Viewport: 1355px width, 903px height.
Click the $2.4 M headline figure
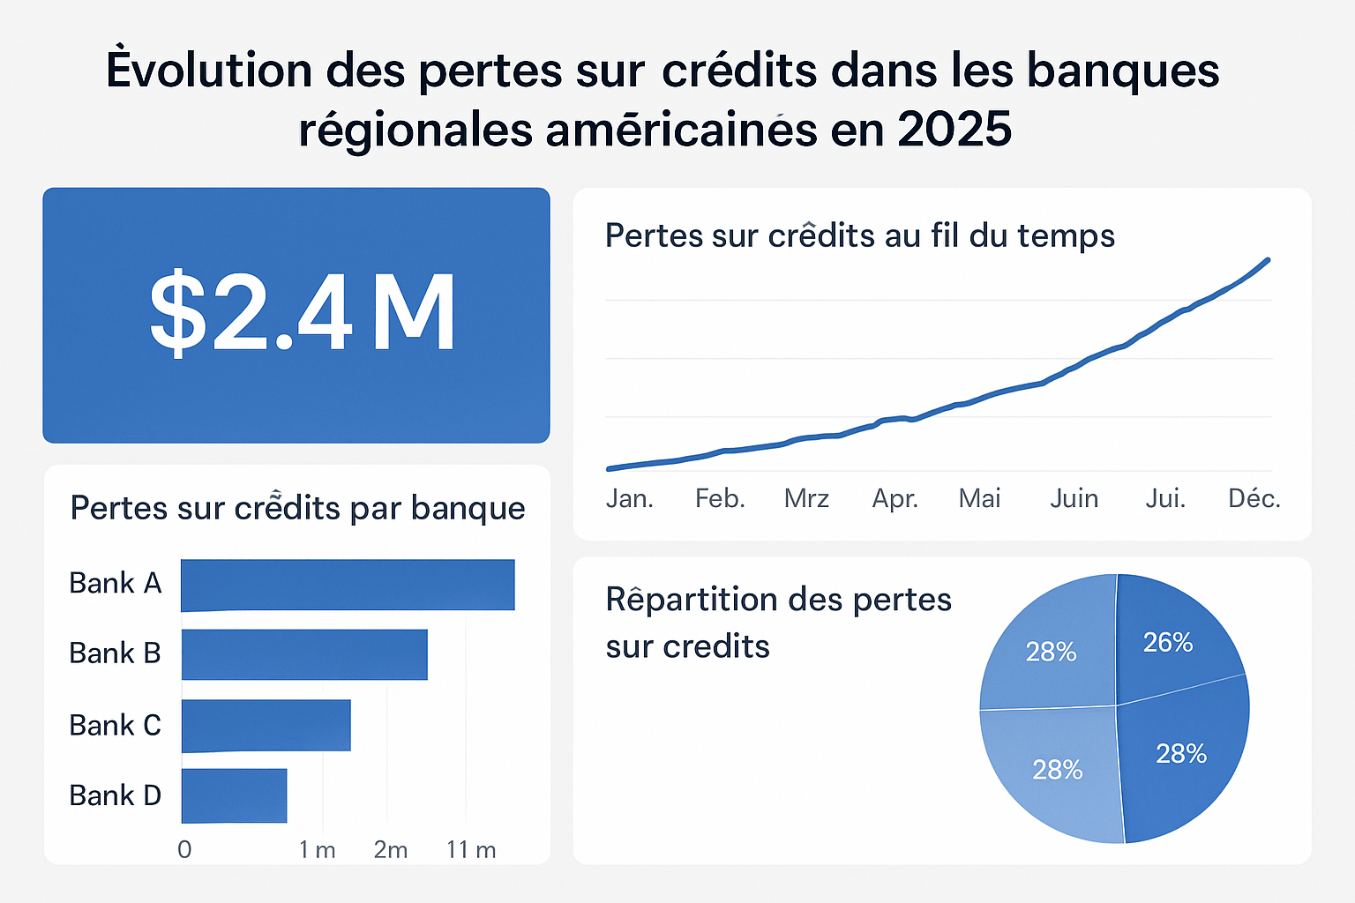[302, 313]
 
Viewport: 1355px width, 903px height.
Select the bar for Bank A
[348, 585]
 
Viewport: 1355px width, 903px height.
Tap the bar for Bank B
[304, 654]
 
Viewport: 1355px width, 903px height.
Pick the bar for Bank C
[266, 725]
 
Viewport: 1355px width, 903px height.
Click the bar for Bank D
[234, 795]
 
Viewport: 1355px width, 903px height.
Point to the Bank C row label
[115, 725]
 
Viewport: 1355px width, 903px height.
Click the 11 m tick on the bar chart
[471, 849]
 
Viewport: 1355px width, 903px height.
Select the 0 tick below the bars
[184, 849]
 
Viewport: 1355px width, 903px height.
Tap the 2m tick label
[391, 849]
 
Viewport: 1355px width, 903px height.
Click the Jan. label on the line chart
[629, 499]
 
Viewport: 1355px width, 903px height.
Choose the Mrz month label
[806, 499]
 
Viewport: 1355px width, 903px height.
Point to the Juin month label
[1074, 499]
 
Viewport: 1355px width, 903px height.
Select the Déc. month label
[1254, 499]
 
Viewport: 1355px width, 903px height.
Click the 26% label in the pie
[1168, 643]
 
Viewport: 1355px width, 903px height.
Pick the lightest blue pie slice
[1050, 776]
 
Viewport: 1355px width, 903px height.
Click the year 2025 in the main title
[954, 130]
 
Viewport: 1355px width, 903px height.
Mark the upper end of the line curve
[1268, 259]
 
